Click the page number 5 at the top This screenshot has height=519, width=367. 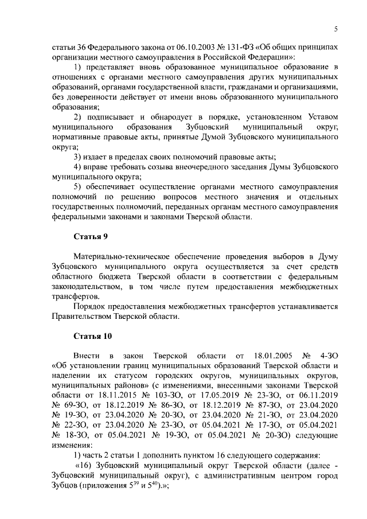pos(337,29)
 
